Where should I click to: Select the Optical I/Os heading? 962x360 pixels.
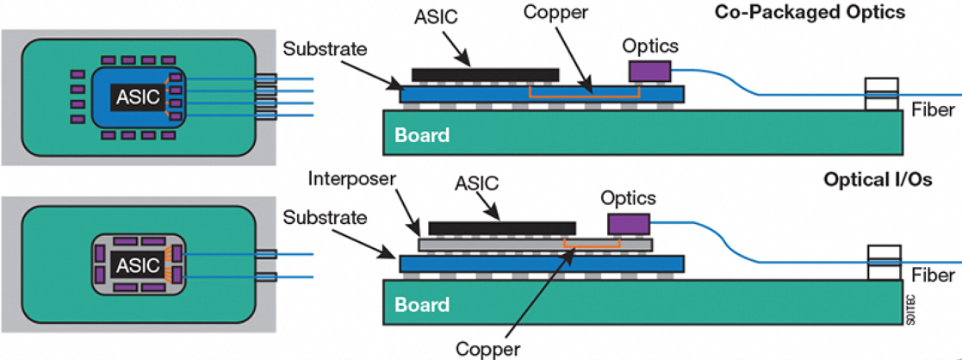pos(878,183)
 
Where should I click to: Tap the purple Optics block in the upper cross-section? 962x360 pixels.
pos(650,71)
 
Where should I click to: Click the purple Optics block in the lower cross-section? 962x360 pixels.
pos(629,224)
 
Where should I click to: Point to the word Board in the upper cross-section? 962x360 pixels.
pos(422,135)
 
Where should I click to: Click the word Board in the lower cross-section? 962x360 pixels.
pos(422,305)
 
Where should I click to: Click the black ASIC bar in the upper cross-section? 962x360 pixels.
pos(485,75)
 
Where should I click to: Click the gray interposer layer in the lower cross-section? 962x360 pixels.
pos(534,245)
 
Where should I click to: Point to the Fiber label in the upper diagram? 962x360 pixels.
pos(933,109)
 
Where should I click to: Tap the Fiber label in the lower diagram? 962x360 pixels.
pos(933,276)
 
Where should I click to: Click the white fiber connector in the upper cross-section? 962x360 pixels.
pos(883,95)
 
